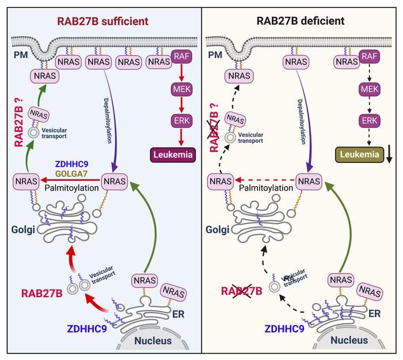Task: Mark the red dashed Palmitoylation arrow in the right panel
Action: coord(269,180)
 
